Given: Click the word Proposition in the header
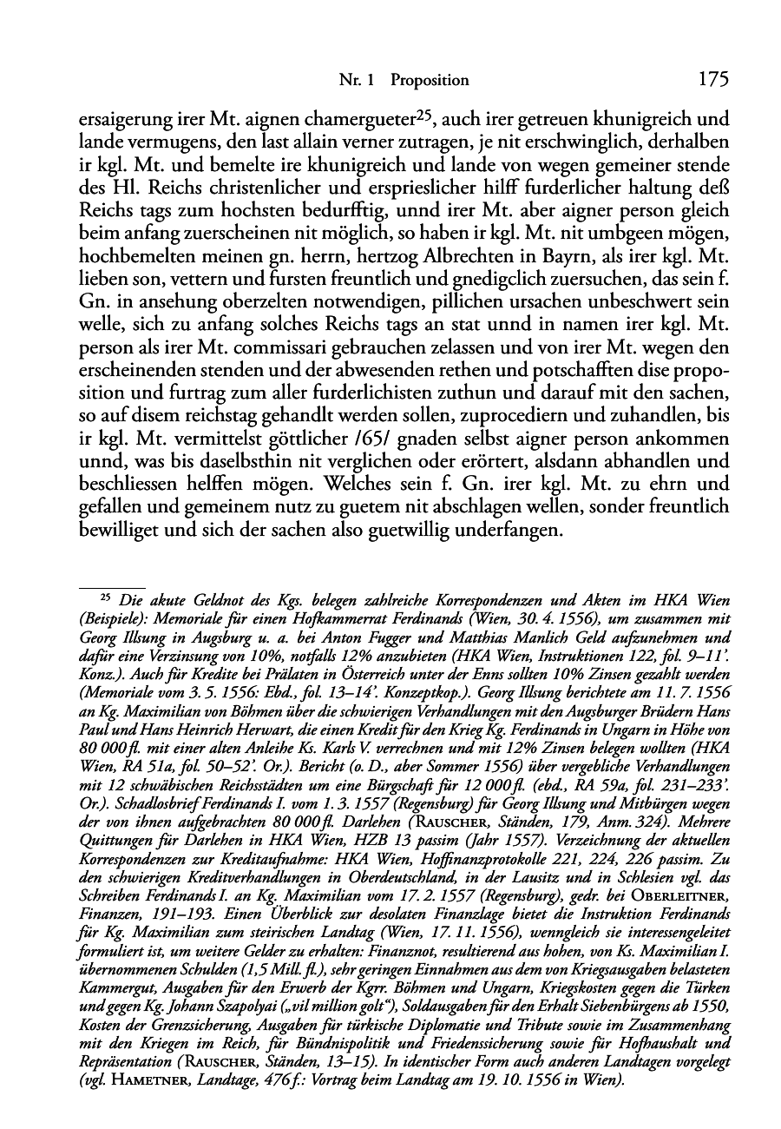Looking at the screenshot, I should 430,81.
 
